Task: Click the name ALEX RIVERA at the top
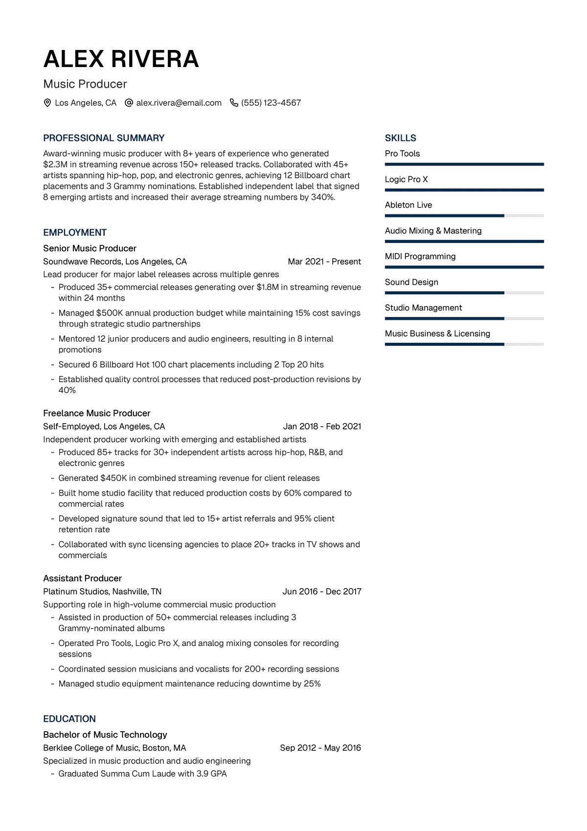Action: click(x=121, y=59)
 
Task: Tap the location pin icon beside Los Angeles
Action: click(x=47, y=103)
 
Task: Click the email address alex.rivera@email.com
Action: click(x=179, y=103)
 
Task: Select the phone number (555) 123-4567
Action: click(x=271, y=103)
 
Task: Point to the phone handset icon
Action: click(x=234, y=103)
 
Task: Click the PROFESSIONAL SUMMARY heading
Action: click(x=104, y=138)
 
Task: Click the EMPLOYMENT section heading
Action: click(x=75, y=233)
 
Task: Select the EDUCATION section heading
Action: click(x=69, y=719)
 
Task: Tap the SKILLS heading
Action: click(x=400, y=138)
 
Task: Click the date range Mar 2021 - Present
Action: click(x=324, y=261)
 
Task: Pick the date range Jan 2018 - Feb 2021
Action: click(x=322, y=427)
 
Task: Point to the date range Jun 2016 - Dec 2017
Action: click(x=322, y=592)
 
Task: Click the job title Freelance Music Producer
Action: click(x=97, y=413)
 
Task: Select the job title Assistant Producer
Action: click(x=82, y=578)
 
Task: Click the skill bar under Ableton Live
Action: click(x=464, y=216)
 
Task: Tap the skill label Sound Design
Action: click(x=411, y=282)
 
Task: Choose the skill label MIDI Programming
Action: click(x=420, y=257)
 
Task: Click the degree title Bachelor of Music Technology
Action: click(x=105, y=735)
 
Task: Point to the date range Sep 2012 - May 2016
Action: click(x=320, y=748)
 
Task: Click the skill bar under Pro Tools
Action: click(x=464, y=165)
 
